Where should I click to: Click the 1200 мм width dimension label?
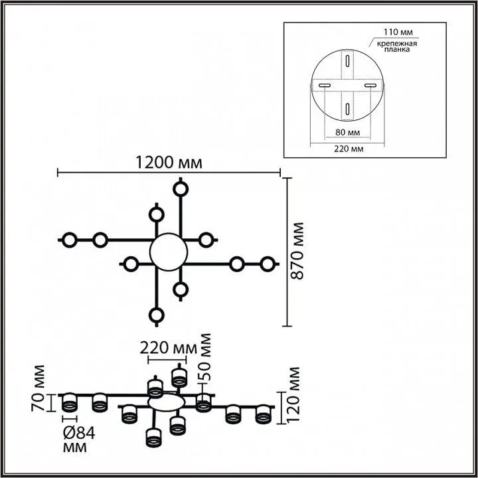tap(168, 161)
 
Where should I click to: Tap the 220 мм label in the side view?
tap(168, 348)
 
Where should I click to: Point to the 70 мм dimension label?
tap(40, 391)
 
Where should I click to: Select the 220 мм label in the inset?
tap(348, 149)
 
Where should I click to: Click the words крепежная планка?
tap(396, 48)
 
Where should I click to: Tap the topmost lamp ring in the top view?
tap(180, 188)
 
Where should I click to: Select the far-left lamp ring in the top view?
tap(69, 240)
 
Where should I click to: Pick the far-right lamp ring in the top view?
tap(267, 264)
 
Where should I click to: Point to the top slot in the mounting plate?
tap(347, 62)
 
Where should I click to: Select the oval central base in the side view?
tap(166, 402)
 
